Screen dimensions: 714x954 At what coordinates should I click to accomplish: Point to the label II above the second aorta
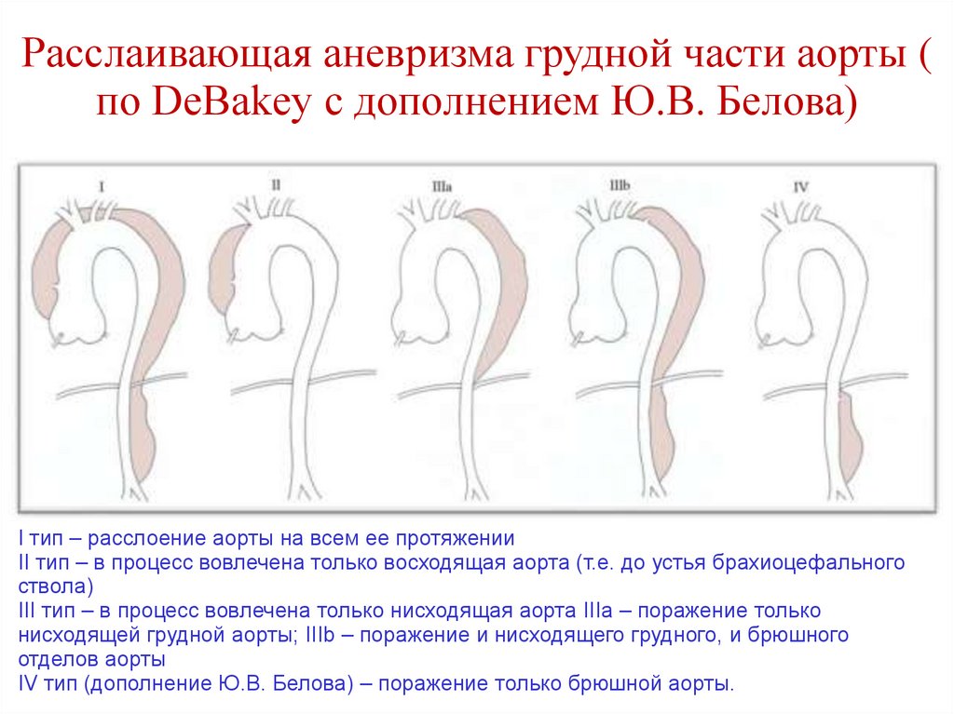[275, 185]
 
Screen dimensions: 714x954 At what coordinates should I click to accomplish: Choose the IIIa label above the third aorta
[443, 186]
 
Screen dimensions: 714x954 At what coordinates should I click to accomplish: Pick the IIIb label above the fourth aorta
[620, 186]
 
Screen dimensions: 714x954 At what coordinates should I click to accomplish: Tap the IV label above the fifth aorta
[800, 187]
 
